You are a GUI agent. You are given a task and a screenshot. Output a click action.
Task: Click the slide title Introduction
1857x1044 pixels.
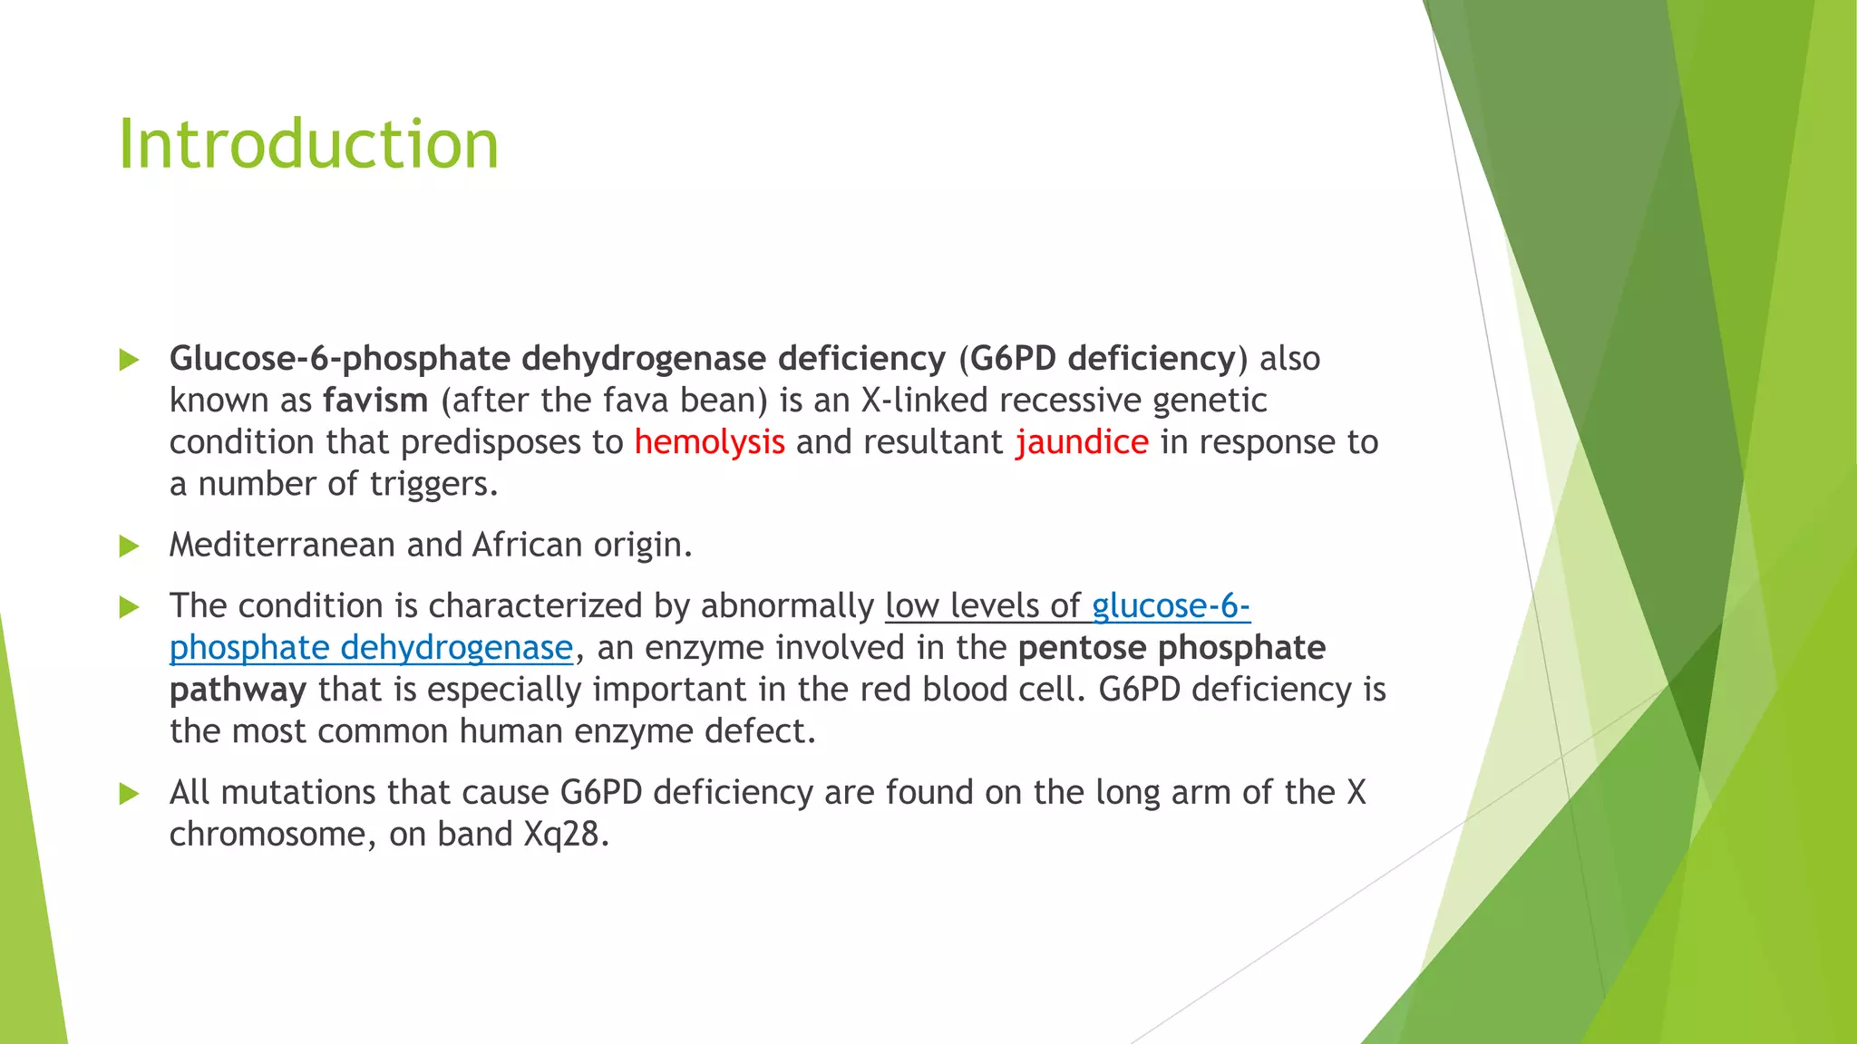pos(308,145)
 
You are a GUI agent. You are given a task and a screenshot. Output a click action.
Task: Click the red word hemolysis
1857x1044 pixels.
pos(709,442)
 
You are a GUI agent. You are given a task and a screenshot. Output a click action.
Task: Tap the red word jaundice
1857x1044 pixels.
pos(1082,442)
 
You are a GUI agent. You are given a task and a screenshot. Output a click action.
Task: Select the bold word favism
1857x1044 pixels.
pos(375,401)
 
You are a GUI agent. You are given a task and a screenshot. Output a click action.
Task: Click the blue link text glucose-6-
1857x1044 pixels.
pos(1171,605)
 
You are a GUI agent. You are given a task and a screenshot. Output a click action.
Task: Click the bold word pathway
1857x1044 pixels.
pos(238,690)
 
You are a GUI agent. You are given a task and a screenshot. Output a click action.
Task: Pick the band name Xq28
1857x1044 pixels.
pos(561,834)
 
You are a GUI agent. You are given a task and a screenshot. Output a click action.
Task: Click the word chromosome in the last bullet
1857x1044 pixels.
pos(267,834)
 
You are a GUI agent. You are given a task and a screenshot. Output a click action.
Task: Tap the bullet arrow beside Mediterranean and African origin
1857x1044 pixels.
pos(130,546)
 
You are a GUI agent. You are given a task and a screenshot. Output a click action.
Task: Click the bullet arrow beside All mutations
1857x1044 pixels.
pos(130,794)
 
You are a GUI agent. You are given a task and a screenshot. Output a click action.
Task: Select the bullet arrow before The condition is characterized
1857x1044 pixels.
pos(130,607)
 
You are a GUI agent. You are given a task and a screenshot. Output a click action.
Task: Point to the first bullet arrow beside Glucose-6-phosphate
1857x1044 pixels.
pos(130,360)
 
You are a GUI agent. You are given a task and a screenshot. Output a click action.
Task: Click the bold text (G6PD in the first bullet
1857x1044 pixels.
pos(1007,359)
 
